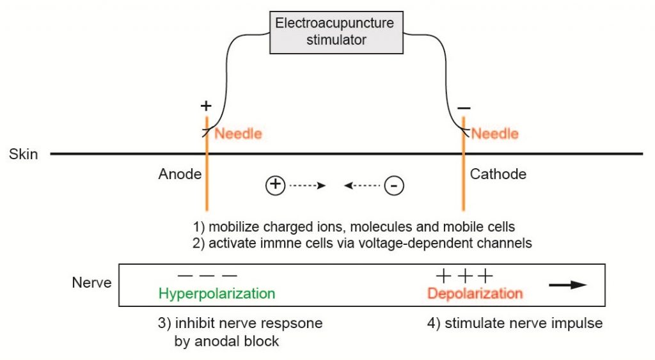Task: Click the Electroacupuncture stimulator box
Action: pos(334,31)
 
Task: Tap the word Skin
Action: pos(24,154)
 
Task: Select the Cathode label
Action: pos(498,174)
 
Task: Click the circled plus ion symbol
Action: pos(274,185)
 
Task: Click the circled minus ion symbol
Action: pos(394,186)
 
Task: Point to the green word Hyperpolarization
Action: pos(217,293)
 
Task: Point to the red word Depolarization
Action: pos(475,293)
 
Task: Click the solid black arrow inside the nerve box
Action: pos(568,285)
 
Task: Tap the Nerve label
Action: pos(91,282)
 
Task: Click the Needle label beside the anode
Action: pos(238,134)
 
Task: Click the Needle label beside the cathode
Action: pos(494,134)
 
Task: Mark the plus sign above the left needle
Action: pos(206,106)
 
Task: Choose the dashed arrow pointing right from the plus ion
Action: pos(308,186)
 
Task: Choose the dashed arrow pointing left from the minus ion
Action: pos(363,186)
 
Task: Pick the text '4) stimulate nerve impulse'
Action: pos(514,324)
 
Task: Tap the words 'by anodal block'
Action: pos(226,341)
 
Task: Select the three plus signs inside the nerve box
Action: pos(464,276)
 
